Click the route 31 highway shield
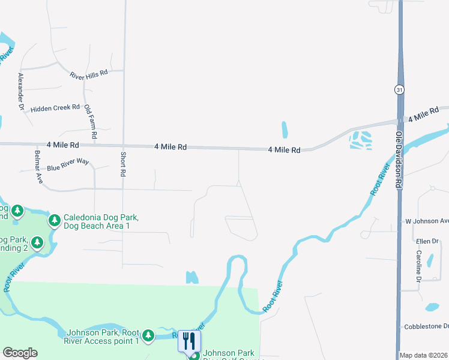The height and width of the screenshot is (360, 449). (x=399, y=89)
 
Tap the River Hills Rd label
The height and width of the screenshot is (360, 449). (x=88, y=74)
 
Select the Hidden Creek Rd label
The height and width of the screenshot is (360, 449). (x=55, y=108)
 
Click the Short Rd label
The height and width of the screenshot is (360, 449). (x=124, y=163)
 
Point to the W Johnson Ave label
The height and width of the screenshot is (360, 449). (x=427, y=221)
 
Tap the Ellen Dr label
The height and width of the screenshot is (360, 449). (x=427, y=241)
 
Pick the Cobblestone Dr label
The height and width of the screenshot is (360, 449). (x=426, y=326)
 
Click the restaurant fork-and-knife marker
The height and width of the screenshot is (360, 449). (x=189, y=341)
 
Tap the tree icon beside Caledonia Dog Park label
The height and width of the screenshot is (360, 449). (x=55, y=221)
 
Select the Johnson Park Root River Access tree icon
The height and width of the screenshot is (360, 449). (x=148, y=335)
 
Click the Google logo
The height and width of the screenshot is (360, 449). (x=20, y=353)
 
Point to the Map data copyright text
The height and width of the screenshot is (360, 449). (x=424, y=355)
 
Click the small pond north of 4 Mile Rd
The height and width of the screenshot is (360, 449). (x=285, y=130)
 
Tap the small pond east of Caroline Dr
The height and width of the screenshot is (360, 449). (x=432, y=307)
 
